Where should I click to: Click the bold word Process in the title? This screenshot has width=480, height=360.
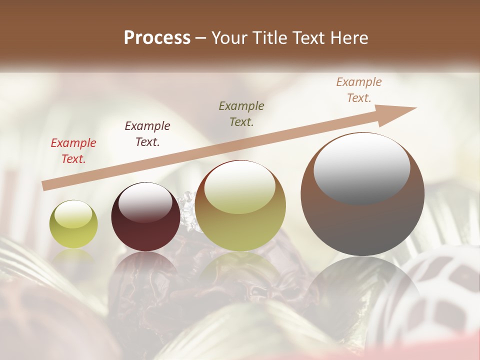click(157, 38)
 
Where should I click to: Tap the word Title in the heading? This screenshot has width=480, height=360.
click(270, 38)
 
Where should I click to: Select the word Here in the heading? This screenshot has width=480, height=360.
click(349, 38)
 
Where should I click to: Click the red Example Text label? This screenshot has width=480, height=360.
click(73, 151)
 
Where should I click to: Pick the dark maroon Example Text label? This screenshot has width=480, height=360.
click(147, 134)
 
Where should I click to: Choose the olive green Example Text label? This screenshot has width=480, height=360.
click(241, 114)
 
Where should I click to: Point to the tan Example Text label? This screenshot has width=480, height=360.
click(359, 90)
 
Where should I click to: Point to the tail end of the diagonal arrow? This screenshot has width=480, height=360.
click(45, 186)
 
